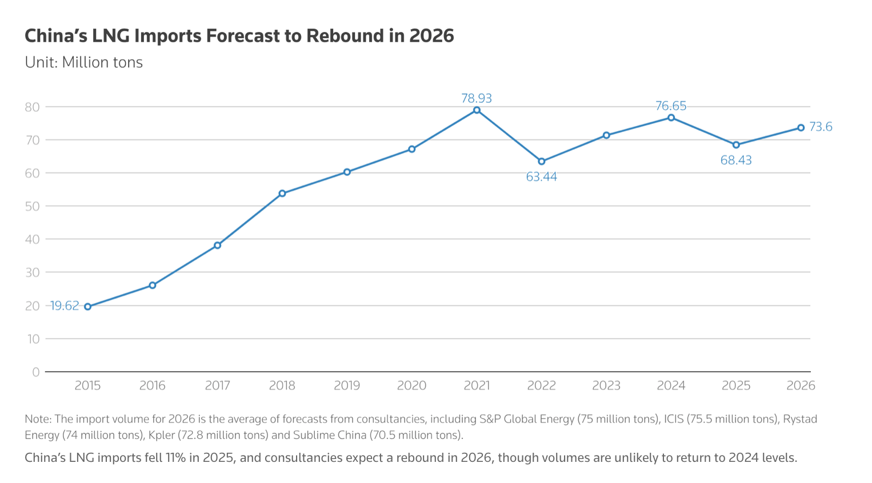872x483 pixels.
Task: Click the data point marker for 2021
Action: (477, 110)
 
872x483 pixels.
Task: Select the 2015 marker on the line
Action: (87, 307)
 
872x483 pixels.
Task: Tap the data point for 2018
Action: (282, 194)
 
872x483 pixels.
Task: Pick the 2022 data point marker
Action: (542, 162)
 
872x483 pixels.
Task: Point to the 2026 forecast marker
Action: (801, 128)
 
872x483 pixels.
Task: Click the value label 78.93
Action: (477, 98)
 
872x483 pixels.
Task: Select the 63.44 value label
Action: (541, 177)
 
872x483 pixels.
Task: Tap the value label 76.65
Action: (671, 106)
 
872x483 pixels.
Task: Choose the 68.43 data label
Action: (736, 160)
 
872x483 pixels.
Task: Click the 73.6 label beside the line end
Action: (821, 127)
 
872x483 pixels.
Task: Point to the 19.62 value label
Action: (65, 306)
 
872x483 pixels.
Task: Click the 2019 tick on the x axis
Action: (347, 385)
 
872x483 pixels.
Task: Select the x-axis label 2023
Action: (606, 385)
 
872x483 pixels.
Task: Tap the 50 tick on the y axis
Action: (32, 206)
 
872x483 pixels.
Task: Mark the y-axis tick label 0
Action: (36, 372)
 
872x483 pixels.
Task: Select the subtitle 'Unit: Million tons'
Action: (83, 62)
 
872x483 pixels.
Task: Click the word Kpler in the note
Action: (161, 435)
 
